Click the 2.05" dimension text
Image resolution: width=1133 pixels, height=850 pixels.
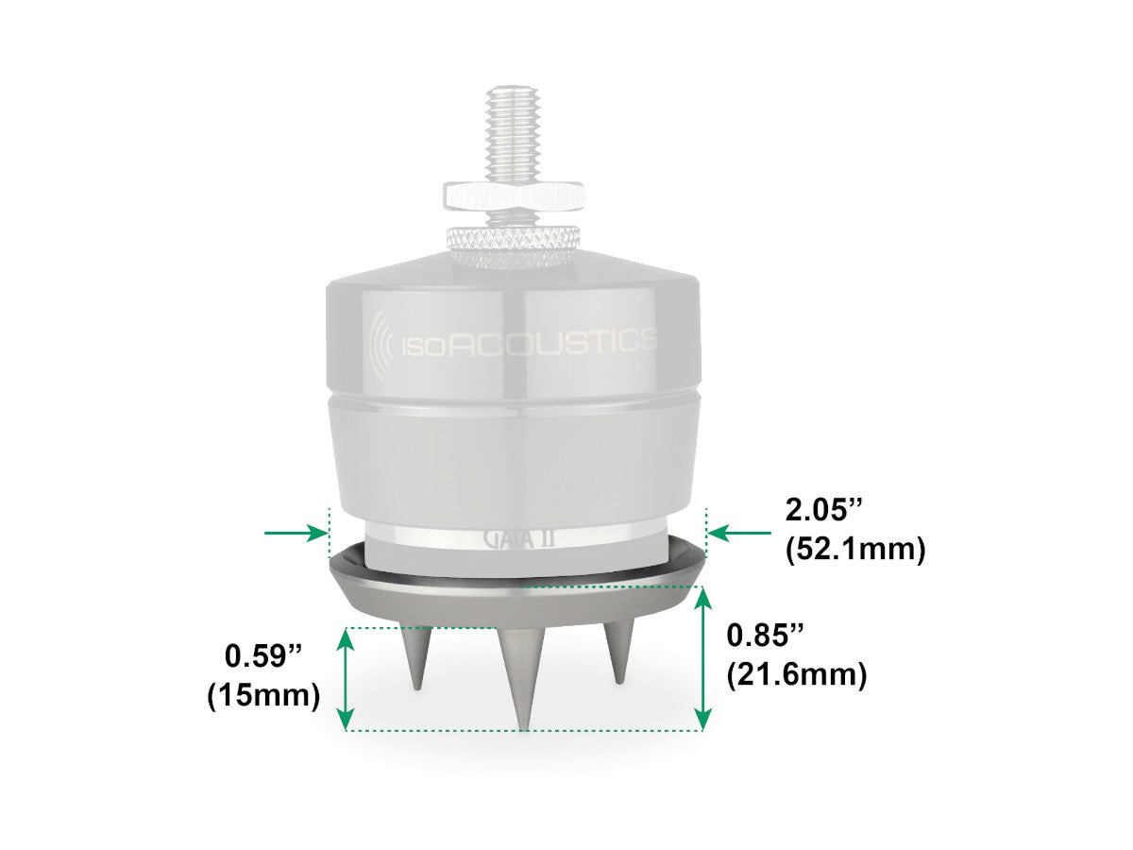point(822,511)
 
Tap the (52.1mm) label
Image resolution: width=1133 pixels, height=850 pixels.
point(855,550)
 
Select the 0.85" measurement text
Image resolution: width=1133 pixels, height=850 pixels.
point(765,636)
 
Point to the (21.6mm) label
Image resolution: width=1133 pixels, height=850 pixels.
point(797,674)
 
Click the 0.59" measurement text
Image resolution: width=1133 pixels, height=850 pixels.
point(262,656)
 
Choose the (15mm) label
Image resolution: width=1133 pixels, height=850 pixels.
point(263,696)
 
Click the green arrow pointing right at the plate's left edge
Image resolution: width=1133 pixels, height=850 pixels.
point(296,533)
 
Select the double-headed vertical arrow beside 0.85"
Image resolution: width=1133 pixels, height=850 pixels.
point(702,658)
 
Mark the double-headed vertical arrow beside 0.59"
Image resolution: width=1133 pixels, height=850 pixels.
point(346,679)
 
